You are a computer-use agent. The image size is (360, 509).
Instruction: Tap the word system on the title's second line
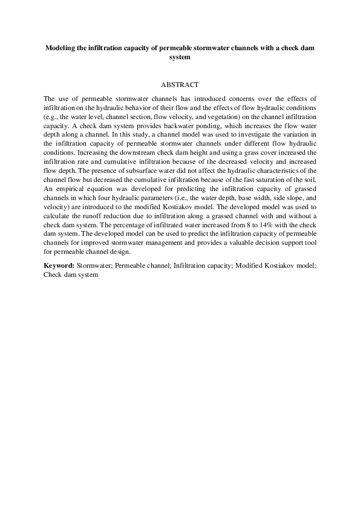click(180, 57)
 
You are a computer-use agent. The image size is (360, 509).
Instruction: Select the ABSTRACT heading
click(180, 86)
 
